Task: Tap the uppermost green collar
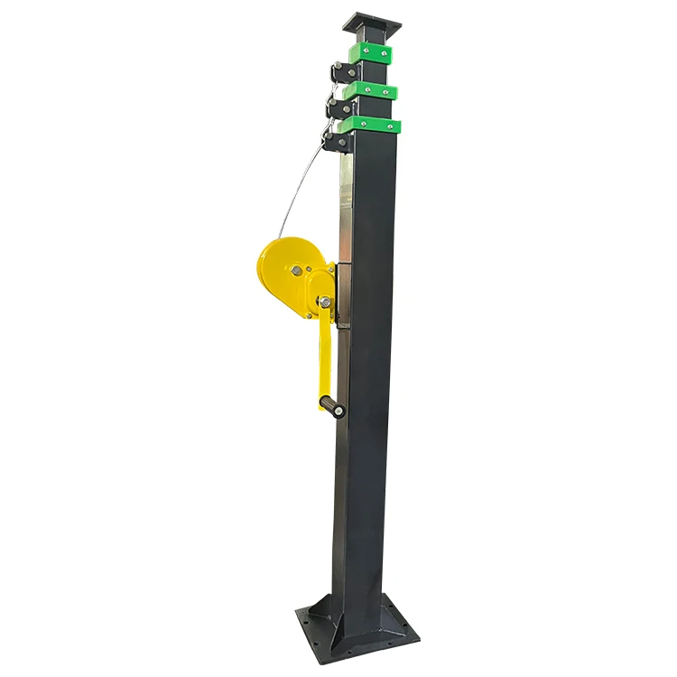373,53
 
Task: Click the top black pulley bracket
339,71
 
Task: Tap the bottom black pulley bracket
335,141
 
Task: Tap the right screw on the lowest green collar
391,124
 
